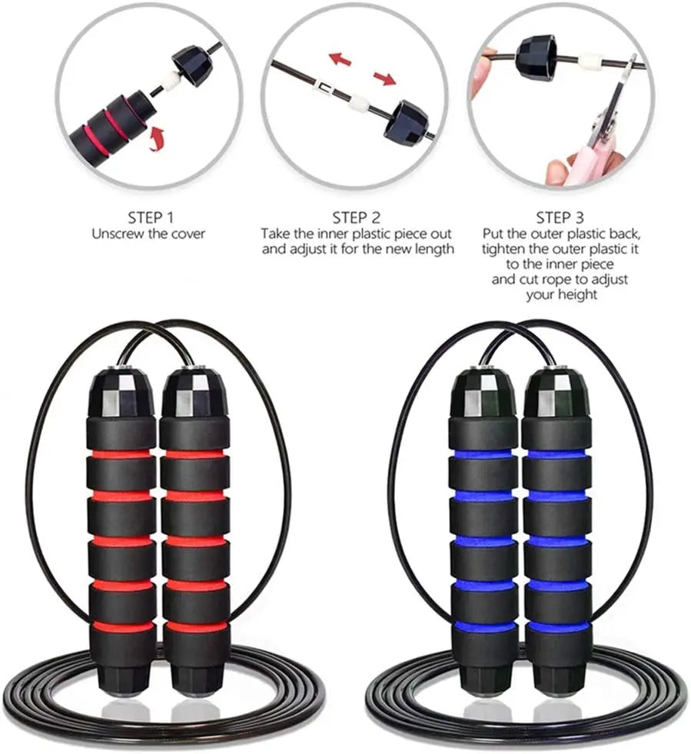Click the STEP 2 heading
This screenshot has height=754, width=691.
tap(356, 218)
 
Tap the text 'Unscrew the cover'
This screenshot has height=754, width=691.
tap(148, 234)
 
